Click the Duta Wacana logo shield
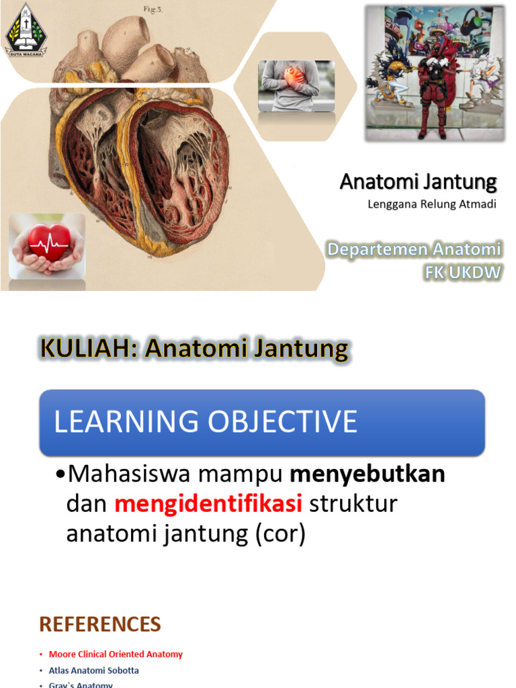pos(24,29)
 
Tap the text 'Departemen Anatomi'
pos(414,250)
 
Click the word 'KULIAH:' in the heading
pos(89,349)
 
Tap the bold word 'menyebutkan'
pos(367,474)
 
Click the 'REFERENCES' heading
pos(100,624)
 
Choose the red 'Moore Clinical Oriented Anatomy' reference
pos(116,654)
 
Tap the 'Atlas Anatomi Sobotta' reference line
pos(94,671)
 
